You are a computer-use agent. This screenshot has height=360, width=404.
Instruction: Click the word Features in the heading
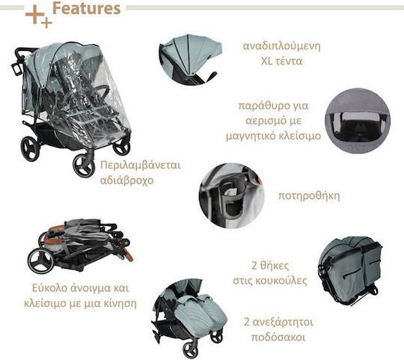pyautogui.click(x=86, y=8)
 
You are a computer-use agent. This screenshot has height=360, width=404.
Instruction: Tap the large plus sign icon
pyautogui.click(x=34, y=14)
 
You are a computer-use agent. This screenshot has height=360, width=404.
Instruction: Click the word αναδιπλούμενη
pyautogui.click(x=281, y=46)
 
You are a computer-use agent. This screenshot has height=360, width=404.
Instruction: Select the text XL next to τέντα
pyautogui.click(x=267, y=61)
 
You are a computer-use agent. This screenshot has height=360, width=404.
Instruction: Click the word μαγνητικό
pyautogui.click(x=251, y=136)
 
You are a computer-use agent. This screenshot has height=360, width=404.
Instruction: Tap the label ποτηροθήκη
pyautogui.click(x=309, y=196)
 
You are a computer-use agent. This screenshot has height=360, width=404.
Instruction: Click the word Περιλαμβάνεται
pyautogui.click(x=141, y=165)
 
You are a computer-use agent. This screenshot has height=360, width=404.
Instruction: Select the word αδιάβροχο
pyautogui.click(x=126, y=180)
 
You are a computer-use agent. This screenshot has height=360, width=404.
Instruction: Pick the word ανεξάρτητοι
pyautogui.click(x=283, y=323)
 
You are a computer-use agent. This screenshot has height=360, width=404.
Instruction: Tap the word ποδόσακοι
pyautogui.click(x=278, y=338)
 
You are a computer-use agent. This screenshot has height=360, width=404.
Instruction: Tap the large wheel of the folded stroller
pyautogui.click(x=41, y=260)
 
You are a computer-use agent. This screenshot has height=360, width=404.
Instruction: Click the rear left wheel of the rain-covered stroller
pyautogui.click(x=31, y=148)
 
